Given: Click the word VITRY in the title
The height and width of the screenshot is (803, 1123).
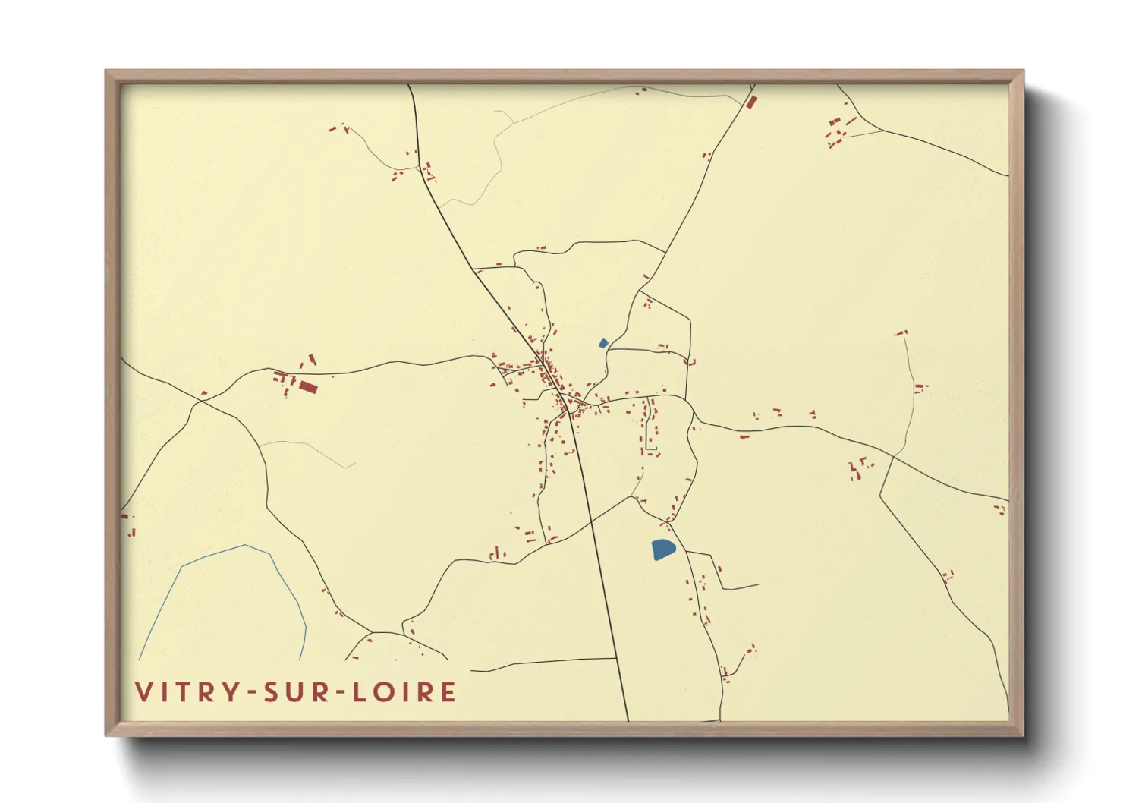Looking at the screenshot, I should pos(187,692).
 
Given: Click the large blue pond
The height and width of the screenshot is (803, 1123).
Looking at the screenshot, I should pos(662,549).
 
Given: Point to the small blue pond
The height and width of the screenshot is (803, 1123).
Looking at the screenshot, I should pos(603,343).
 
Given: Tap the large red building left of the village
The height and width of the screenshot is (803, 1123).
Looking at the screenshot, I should pos(307,387).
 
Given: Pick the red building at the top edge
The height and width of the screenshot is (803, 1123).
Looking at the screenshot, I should pos(751,102).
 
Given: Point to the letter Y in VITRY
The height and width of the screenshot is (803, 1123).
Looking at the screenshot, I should pos(228,692).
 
